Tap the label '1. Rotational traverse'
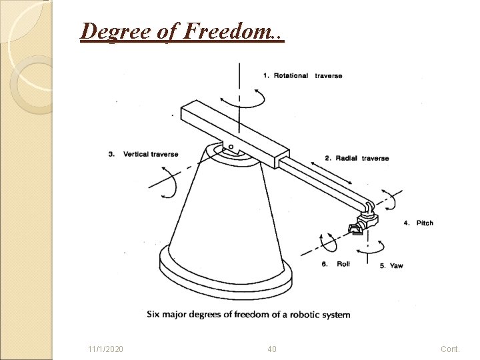tap(303, 75)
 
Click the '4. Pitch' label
tap(418, 223)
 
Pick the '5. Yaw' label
tap(391, 265)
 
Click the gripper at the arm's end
tap(361, 225)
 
